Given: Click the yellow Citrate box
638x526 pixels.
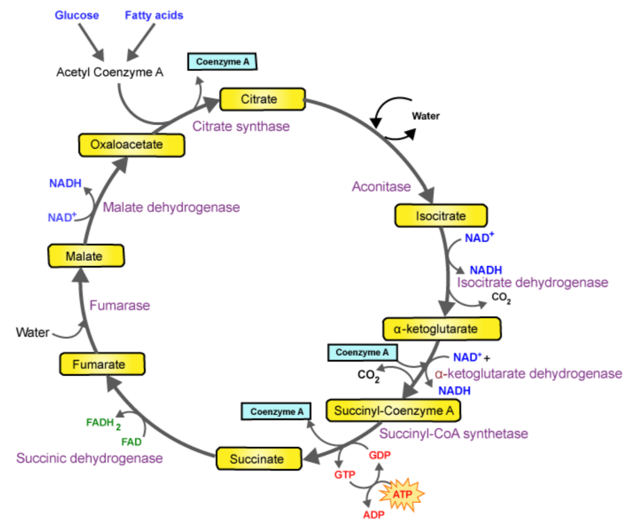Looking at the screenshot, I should point(262,99).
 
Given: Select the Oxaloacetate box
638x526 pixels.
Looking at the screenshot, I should point(131,145).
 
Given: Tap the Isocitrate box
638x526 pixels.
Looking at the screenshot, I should point(441,216).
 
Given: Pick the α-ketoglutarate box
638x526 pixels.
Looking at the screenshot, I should point(442,329).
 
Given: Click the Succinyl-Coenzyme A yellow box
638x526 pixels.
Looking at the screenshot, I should point(394,411).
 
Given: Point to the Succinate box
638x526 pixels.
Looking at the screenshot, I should point(259,459).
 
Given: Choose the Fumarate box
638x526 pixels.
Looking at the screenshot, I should point(102,364).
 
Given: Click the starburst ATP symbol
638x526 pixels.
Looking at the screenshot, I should point(401,494).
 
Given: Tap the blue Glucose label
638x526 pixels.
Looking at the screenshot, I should point(77,15).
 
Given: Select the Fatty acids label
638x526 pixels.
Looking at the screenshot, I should point(154,15).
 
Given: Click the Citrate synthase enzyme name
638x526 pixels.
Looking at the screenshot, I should point(241,126).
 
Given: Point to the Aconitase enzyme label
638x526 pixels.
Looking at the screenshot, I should point(381,187).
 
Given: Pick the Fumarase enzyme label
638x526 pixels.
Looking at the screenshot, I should point(119,305).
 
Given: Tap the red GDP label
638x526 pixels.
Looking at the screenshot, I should point(379,455).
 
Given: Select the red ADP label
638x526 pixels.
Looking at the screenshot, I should point(374,515).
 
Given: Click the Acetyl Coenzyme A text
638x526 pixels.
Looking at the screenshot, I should point(109,72).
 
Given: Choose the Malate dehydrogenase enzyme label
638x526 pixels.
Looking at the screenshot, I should point(171,207).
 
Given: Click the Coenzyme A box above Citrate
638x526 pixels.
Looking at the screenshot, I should point(222,62).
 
